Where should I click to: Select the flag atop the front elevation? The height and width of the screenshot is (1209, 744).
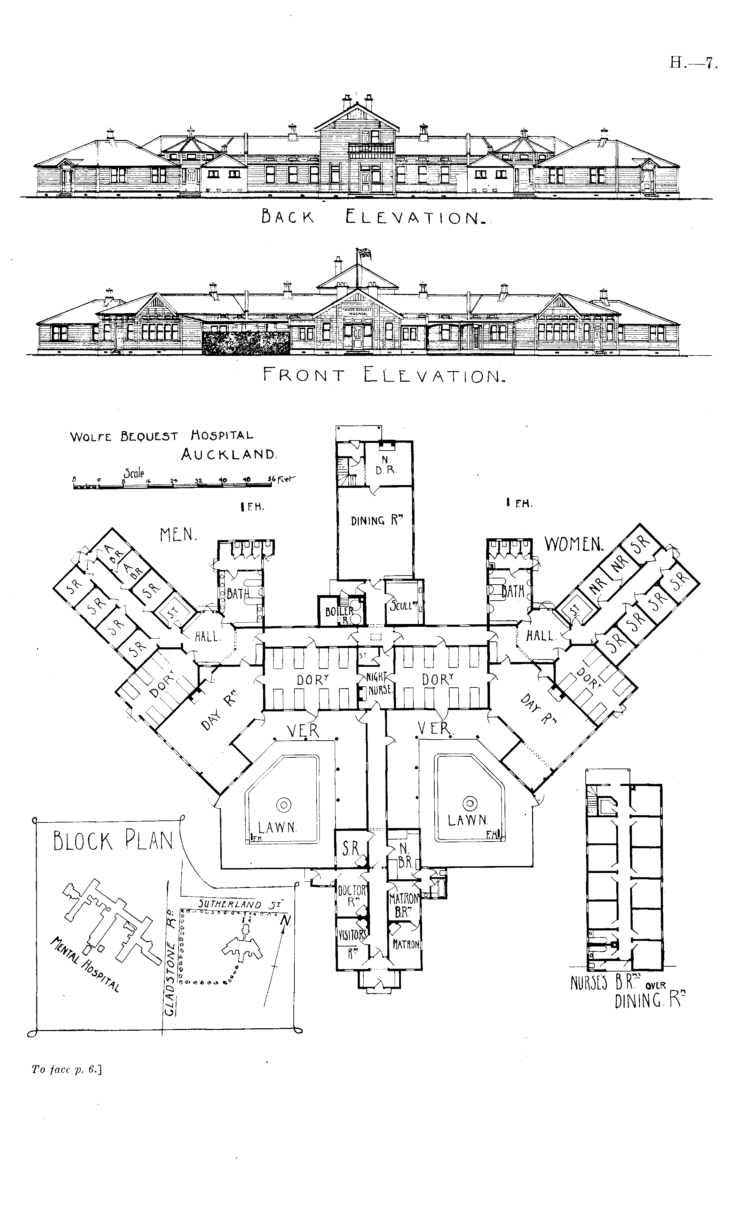coord(365,253)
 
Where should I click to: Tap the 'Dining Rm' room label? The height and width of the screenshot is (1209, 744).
coord(374,520)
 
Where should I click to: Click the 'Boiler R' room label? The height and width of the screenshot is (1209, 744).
coord(340,613)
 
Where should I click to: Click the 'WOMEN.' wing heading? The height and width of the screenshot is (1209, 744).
coord(574,545)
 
